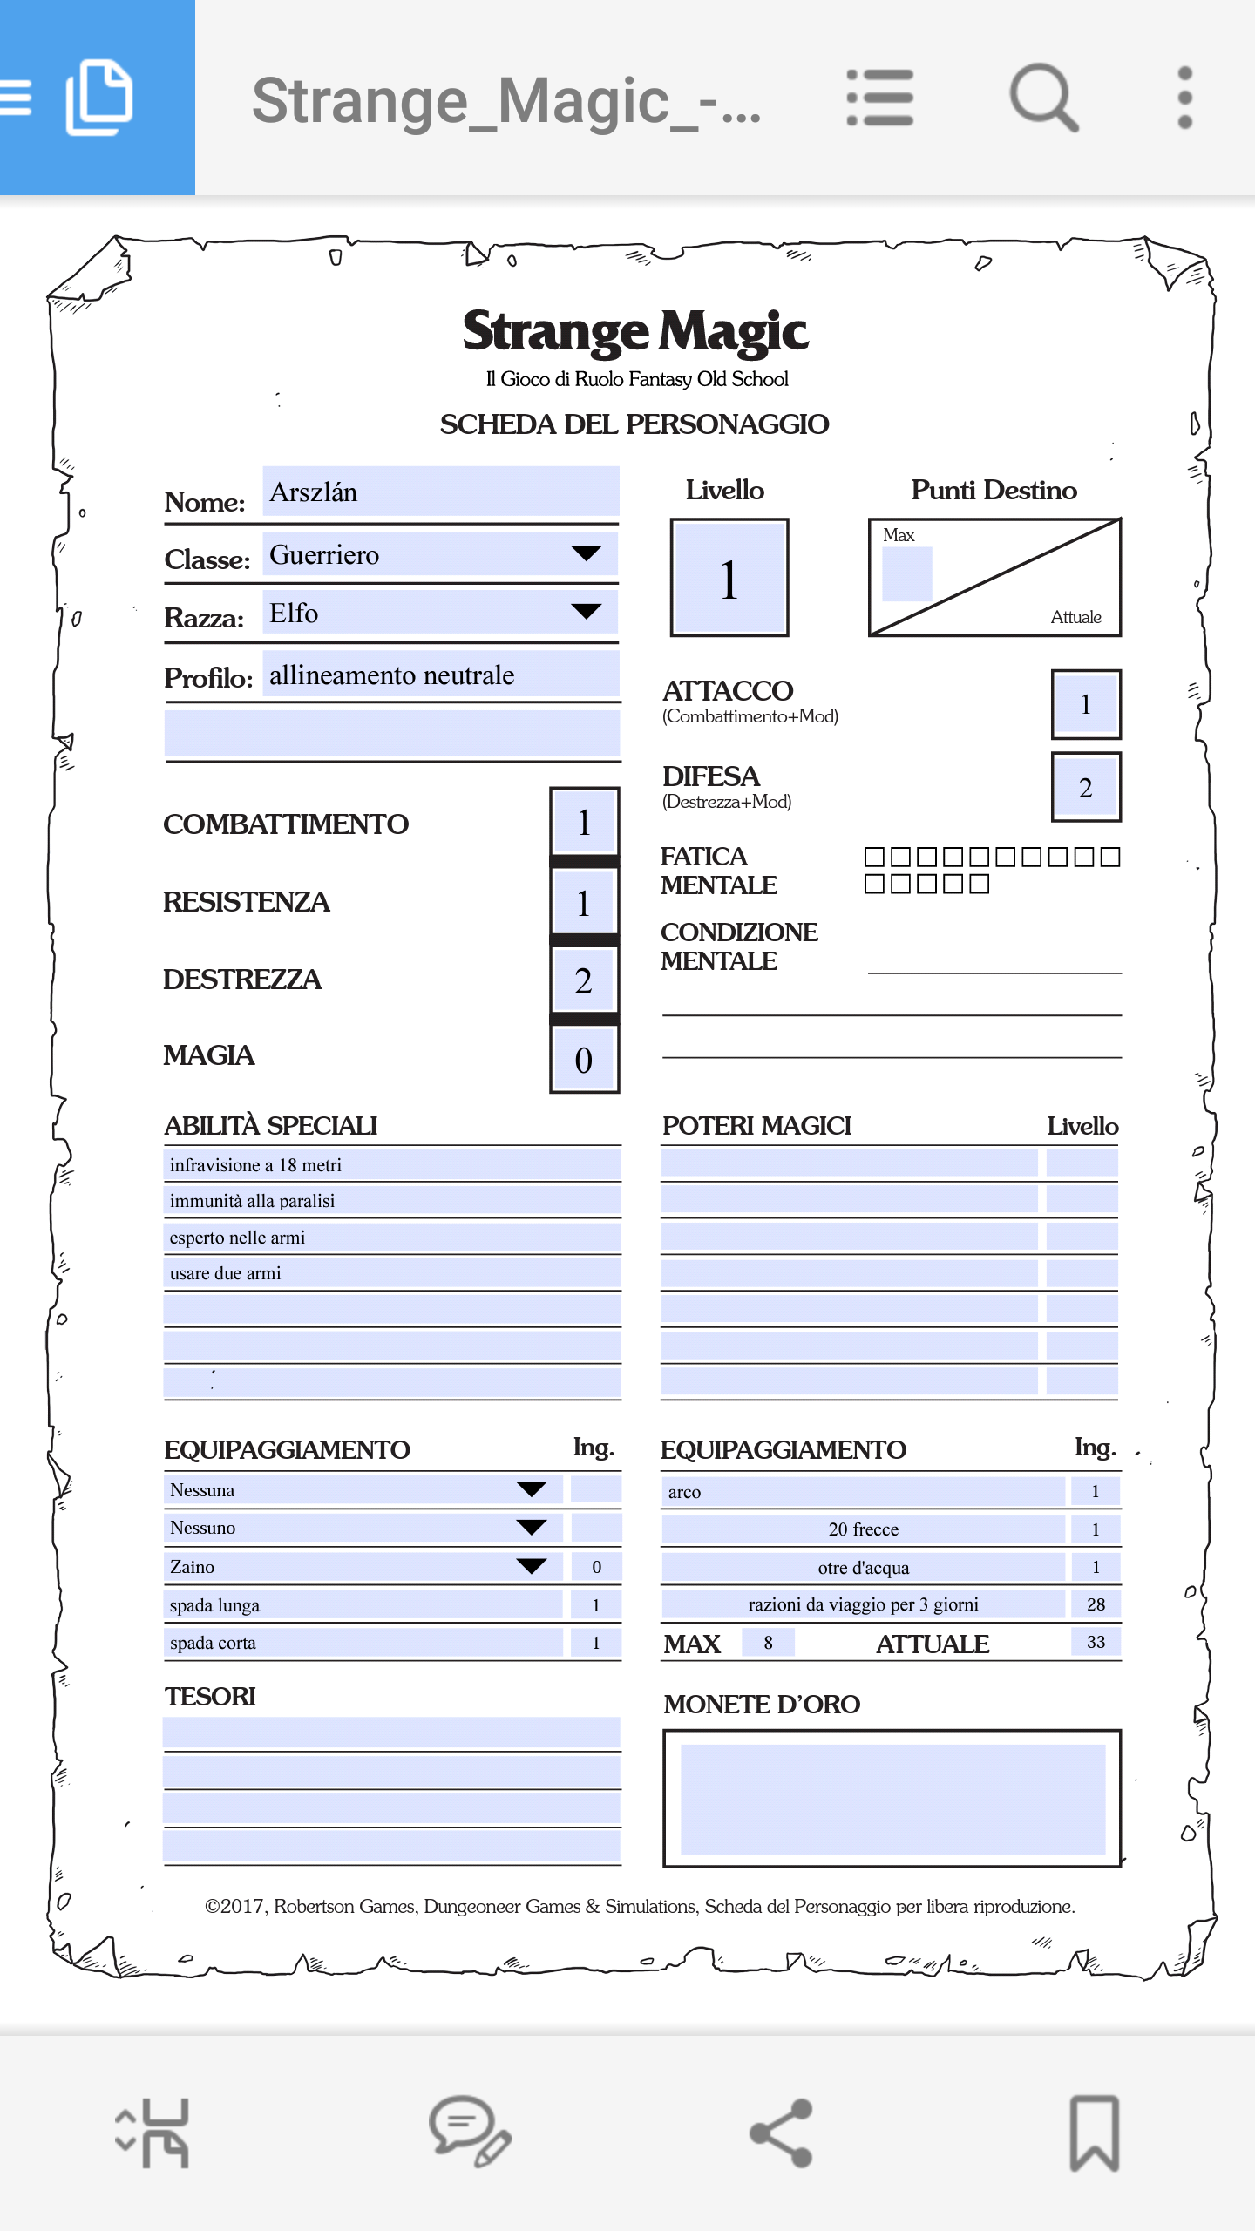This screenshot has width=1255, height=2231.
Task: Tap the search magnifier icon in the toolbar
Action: (x=1043, y=97)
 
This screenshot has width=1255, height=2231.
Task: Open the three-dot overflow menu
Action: (x=1184, y=97)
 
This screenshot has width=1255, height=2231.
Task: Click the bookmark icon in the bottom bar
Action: (x=1094, y=2133)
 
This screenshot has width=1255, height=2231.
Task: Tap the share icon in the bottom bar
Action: (x=782, y=2133)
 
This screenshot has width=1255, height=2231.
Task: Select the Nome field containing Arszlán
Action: (x=440, y=492)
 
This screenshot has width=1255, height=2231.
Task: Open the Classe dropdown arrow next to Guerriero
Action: (x=586, y=554)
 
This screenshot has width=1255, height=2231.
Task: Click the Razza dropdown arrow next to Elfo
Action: (x=586, y=612)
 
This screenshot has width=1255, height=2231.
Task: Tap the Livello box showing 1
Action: (x=729, y=579)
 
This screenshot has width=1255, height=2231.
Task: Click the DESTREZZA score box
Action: (x=584, y=981)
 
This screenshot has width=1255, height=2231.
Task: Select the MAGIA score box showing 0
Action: (x=584, y=1060)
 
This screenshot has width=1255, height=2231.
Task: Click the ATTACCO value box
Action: (x=1086, y=704)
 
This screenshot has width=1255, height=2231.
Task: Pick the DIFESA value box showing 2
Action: (x=1086, y=788)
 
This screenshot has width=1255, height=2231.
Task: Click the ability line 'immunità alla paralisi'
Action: (x=392, y=1201)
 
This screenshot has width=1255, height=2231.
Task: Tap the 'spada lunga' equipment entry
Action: (x=363, y=1605)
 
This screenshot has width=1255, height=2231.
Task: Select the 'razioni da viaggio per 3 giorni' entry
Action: (x=863, y=1604)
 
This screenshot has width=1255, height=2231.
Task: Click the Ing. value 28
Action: (x=1096, y=1604)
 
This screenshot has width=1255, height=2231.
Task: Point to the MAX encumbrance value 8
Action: (x=768, y=1643)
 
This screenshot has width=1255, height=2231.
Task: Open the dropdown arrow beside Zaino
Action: (x=532, y=1566)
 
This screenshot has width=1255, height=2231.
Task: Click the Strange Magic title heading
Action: (x=635, y=332)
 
